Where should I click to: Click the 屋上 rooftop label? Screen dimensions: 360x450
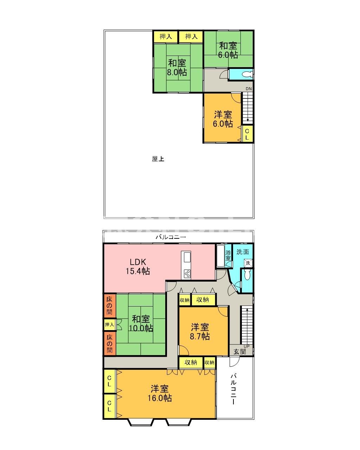coord(158,159)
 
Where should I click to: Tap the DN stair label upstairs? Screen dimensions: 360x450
coord(249,89)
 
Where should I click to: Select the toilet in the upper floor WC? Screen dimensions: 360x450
coord(247,74)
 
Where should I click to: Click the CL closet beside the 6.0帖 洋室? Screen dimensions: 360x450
coord(247,134)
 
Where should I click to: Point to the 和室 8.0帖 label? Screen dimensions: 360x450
coord(177,67)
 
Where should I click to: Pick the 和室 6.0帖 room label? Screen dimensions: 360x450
coord(228,50)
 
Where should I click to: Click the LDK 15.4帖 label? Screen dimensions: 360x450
coord(138,266)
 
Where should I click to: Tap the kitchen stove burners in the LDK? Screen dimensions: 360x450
coord(187,274)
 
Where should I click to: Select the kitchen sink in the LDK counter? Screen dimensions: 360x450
coord(187,257)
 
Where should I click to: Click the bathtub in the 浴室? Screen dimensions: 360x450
coord(220,256)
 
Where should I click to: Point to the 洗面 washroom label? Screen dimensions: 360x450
coord(243,252)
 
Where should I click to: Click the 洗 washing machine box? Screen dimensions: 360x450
coord(248,263)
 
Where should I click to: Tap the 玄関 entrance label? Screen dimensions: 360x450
coord(240,352)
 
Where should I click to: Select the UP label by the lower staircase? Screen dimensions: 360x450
coord(246,346)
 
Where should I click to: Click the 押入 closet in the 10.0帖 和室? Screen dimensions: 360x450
coord(109,324)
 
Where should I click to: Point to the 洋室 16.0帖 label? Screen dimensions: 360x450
coord(160,393)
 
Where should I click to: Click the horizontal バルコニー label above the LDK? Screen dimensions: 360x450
coord(171,237)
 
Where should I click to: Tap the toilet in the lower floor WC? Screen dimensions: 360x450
coord(247,274)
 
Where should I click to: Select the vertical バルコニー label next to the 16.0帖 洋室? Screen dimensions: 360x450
coord(233,389)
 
